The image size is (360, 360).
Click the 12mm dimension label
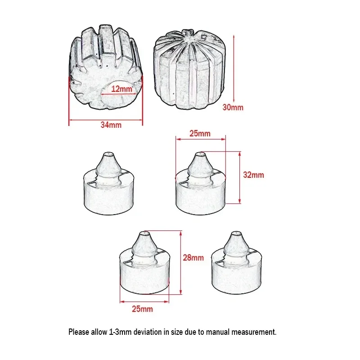tap(121, 89)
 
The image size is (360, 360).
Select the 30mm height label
tap(234, 108)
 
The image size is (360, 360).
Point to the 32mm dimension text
tap(253, 175)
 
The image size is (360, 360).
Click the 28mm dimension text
tap(193, 258)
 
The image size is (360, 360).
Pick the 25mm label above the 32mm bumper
tap(200, 134)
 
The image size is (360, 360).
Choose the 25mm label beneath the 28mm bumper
tap(143, 309)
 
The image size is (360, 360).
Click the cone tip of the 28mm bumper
tap(145, 235)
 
